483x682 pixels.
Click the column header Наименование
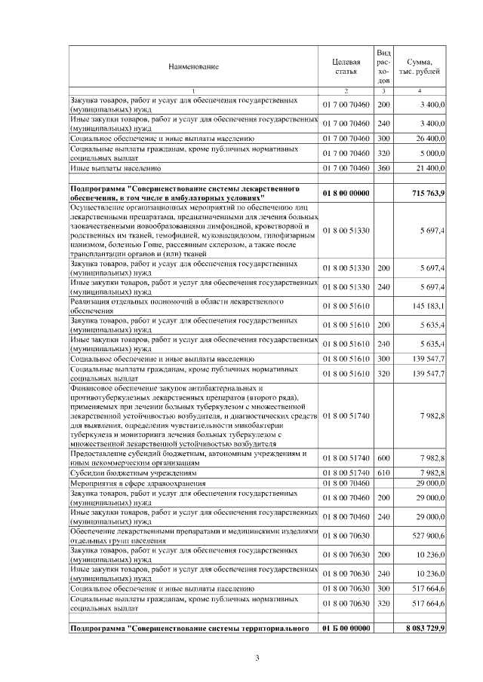point(193,66)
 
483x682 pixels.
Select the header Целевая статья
point(345,66)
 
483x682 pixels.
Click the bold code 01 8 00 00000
point(345,194)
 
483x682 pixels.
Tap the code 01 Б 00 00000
point(345,628)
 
